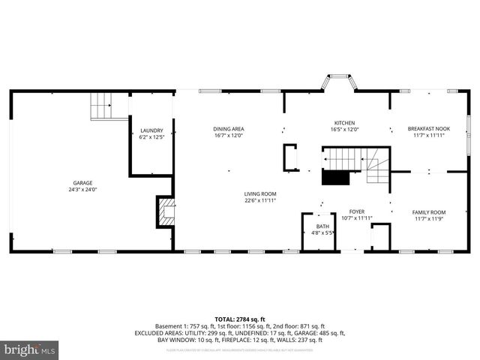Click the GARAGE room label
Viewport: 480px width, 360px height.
83,182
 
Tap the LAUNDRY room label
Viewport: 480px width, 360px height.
151,130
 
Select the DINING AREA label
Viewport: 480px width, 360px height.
229,129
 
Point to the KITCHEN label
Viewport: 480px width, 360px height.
344,123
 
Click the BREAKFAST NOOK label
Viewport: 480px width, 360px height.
429,129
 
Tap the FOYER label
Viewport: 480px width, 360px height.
356,212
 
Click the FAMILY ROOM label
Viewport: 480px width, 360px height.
429,212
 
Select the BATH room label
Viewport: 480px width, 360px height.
322,226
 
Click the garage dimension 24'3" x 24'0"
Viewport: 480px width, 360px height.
83,190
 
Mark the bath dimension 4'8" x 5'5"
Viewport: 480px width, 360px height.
322,233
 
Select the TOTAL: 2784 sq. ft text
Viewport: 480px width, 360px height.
240,319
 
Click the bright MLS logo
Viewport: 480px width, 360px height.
30,349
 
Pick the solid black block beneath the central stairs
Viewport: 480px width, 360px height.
336,177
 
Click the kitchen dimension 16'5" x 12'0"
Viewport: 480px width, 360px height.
344,130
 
